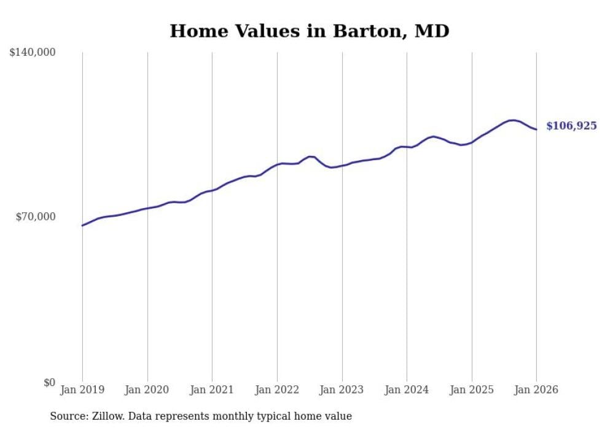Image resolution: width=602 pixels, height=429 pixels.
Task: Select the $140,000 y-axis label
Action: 33,53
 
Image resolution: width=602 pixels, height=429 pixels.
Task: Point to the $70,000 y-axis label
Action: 36,217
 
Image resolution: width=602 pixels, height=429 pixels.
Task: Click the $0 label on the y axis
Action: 49,382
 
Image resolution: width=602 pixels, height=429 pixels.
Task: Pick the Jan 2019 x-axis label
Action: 82,390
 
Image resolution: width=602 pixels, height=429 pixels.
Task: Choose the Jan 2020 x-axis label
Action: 147,390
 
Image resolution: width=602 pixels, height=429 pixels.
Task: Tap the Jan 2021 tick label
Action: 212,390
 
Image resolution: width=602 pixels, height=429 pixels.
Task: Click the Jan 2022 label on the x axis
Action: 277,390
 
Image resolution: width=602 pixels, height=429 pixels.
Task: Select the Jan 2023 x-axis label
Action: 342,390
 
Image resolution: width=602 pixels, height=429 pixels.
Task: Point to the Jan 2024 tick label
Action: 407,390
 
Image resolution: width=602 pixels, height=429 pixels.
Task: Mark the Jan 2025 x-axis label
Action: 472,390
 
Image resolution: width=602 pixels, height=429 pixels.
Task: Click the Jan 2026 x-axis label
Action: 536,390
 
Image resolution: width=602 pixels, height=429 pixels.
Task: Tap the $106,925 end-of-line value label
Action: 571,126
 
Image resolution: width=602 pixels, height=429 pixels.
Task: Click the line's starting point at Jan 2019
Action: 82,225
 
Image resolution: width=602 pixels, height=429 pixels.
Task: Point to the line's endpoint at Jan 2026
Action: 536,129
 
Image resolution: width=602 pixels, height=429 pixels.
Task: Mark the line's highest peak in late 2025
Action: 512,120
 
